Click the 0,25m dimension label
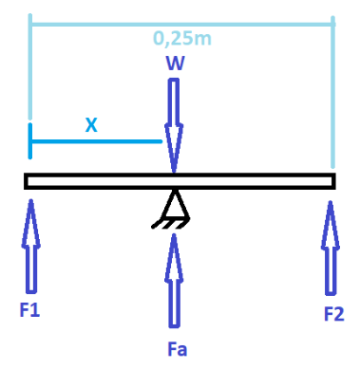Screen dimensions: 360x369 tap(180, 39)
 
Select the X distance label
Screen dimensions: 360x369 tap(91, 124)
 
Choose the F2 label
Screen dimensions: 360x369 tap(333, 312)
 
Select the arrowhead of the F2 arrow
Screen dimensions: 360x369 tap(332, 207)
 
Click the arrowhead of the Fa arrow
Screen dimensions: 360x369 tap(174, 240)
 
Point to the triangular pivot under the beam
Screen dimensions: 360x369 tap(174, 201)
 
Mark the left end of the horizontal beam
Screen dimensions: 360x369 tap(28, 181)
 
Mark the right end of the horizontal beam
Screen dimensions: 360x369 tap(332, 181)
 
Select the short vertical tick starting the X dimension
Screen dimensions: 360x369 tap(30, 140)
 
